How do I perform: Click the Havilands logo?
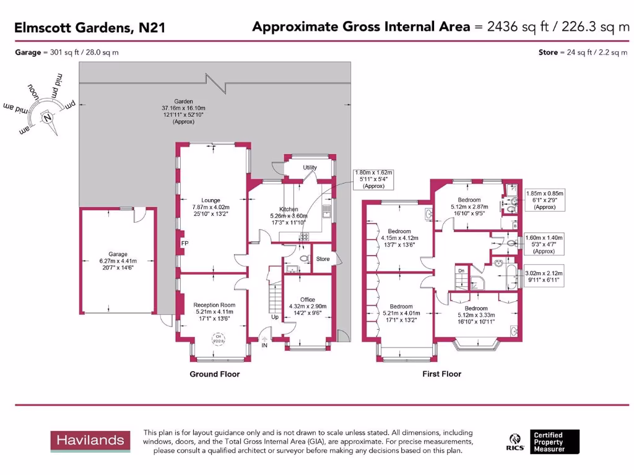[90, 441]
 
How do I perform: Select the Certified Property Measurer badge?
[556, 442]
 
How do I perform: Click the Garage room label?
[118, 254]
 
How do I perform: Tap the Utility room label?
[310, 168]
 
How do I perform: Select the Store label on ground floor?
[323, 259]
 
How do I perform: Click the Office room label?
[308, 300]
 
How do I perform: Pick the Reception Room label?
[214, 305]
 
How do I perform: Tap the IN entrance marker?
[264, 345]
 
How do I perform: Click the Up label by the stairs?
[275, 317]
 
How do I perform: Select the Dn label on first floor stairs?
[461, 271]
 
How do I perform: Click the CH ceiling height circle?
[219, 338]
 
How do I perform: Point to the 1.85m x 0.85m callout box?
[544, 200]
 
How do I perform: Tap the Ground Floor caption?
[214, 374]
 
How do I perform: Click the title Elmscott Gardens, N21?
[90, 27]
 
